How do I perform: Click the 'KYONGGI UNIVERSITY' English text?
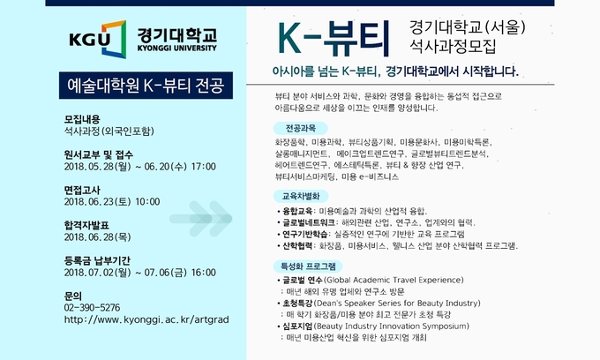pos(176,49)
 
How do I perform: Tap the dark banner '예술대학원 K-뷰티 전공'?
pos(146,86)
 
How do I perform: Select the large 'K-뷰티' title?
pos(334,38)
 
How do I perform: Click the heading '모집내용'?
pos(82,119)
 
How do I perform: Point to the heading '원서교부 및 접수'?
pos(98,154)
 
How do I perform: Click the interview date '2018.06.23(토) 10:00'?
pos(112,201)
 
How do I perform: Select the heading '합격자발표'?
pos(86,225)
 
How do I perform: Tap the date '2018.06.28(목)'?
pos(98,237)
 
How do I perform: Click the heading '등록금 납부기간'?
pos(97,260)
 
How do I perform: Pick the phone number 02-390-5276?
pos(92,308)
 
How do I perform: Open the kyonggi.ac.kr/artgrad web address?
pos(146,319)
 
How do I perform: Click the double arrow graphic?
pos(201,219)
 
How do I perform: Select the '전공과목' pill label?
pos(300,128)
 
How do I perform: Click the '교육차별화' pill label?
pos(301,196)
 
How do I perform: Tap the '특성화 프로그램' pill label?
pos(308,266)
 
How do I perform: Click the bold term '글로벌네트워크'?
pos(309,222)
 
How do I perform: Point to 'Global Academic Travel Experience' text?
pos(394,280)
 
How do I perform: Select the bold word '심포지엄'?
pos(297,326)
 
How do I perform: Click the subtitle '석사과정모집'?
pos(453,46)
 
